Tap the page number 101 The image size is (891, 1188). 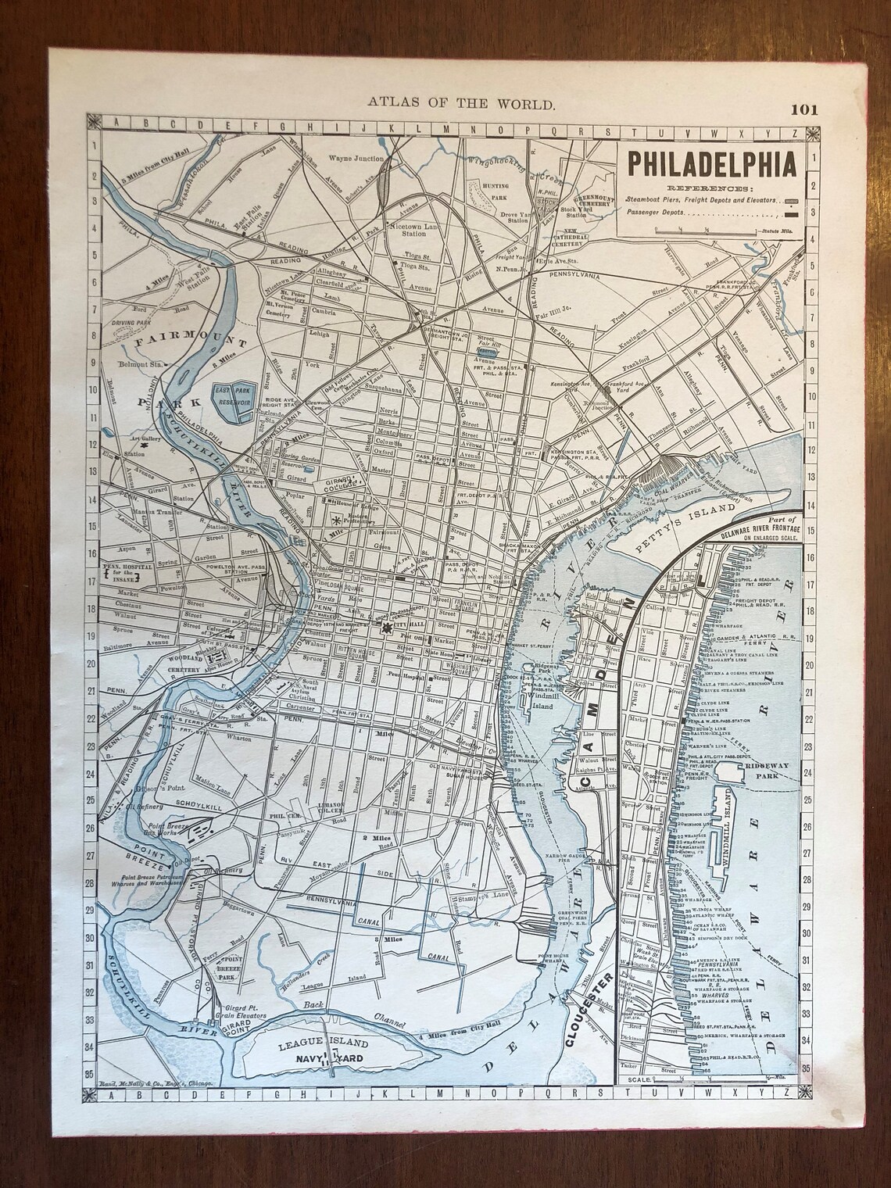[x=803, y=109]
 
